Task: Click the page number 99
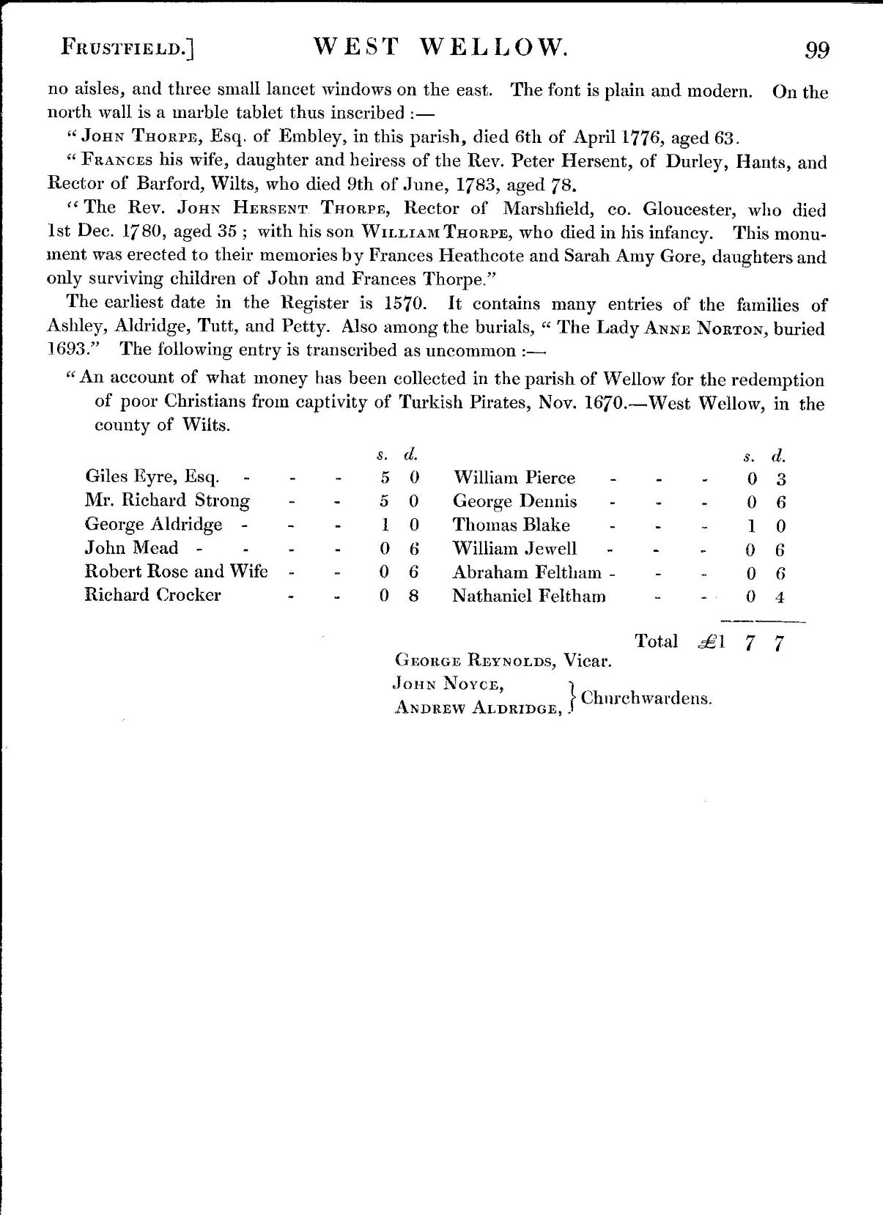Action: [x=817, y=50]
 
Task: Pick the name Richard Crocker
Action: [x=152, y=595]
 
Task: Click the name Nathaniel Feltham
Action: [x=529, y=596]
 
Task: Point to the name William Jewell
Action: [x=514, y=549]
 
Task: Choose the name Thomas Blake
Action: [x=511, y=525]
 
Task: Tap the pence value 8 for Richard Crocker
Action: [x=413, y=596]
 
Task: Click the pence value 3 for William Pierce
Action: [x=781, y=479]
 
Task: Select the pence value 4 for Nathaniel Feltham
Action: [x=780, y=597]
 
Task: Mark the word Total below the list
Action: [x=657, y=641]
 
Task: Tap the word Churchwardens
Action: [x=646, y=698]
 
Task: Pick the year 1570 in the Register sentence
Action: [x=402, y=304]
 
